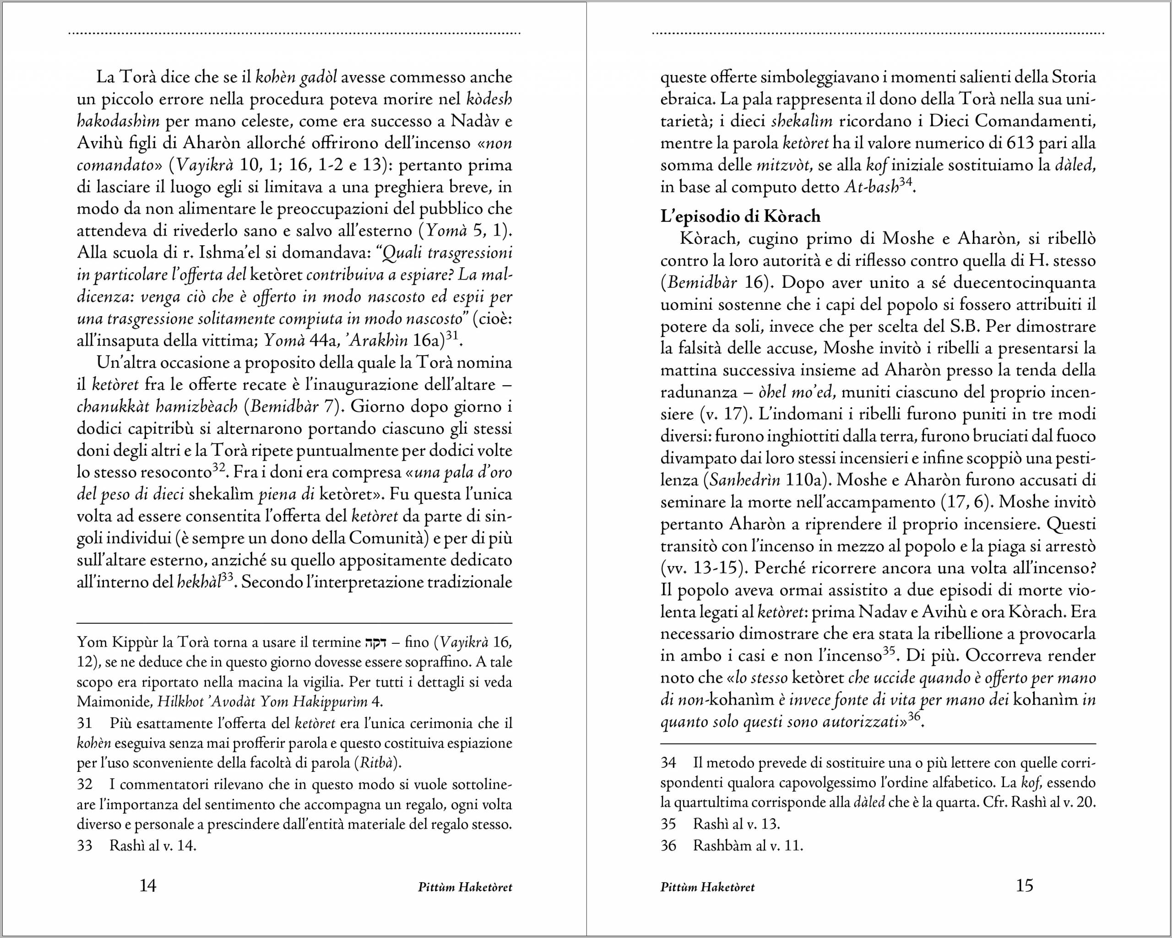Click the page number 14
pos(148,886)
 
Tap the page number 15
pos(1024,886)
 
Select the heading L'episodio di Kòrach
pos(740,216)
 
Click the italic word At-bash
pos(871,188)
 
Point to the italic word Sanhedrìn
pos(744,480)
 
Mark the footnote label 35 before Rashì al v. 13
pos(668,824)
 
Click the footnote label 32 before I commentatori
pos(84,785)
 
